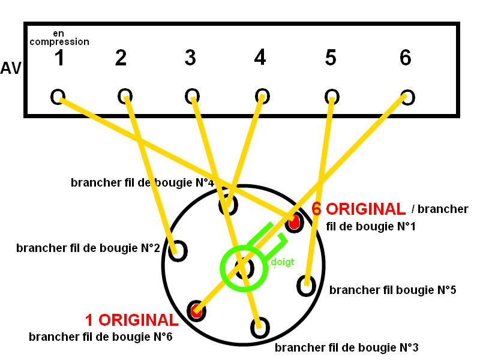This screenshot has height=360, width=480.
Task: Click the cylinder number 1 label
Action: point(59,58)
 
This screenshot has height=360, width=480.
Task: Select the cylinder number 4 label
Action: point(259,58)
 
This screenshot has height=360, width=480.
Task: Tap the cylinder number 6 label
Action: point(406,58)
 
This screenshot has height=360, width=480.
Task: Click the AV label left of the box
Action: point(11,68)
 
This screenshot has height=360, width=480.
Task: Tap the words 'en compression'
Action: point(59,38)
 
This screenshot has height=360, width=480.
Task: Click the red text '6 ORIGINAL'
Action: point(359,209)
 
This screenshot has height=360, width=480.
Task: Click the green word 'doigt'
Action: point(282,262)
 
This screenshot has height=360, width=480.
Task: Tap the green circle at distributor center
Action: point(243,268)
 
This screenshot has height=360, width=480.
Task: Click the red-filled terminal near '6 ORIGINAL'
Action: point(293,223)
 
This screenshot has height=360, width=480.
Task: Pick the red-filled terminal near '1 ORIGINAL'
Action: point(196,310)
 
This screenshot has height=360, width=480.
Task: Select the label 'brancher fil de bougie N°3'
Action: point(346,347)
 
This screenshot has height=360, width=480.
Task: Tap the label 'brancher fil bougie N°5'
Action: point(393,290)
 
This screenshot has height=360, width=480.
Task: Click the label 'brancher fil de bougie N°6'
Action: point(100,337)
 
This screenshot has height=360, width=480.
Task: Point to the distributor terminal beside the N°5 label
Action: point(306,285)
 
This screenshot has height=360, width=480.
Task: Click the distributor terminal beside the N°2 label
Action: point(177,251)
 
